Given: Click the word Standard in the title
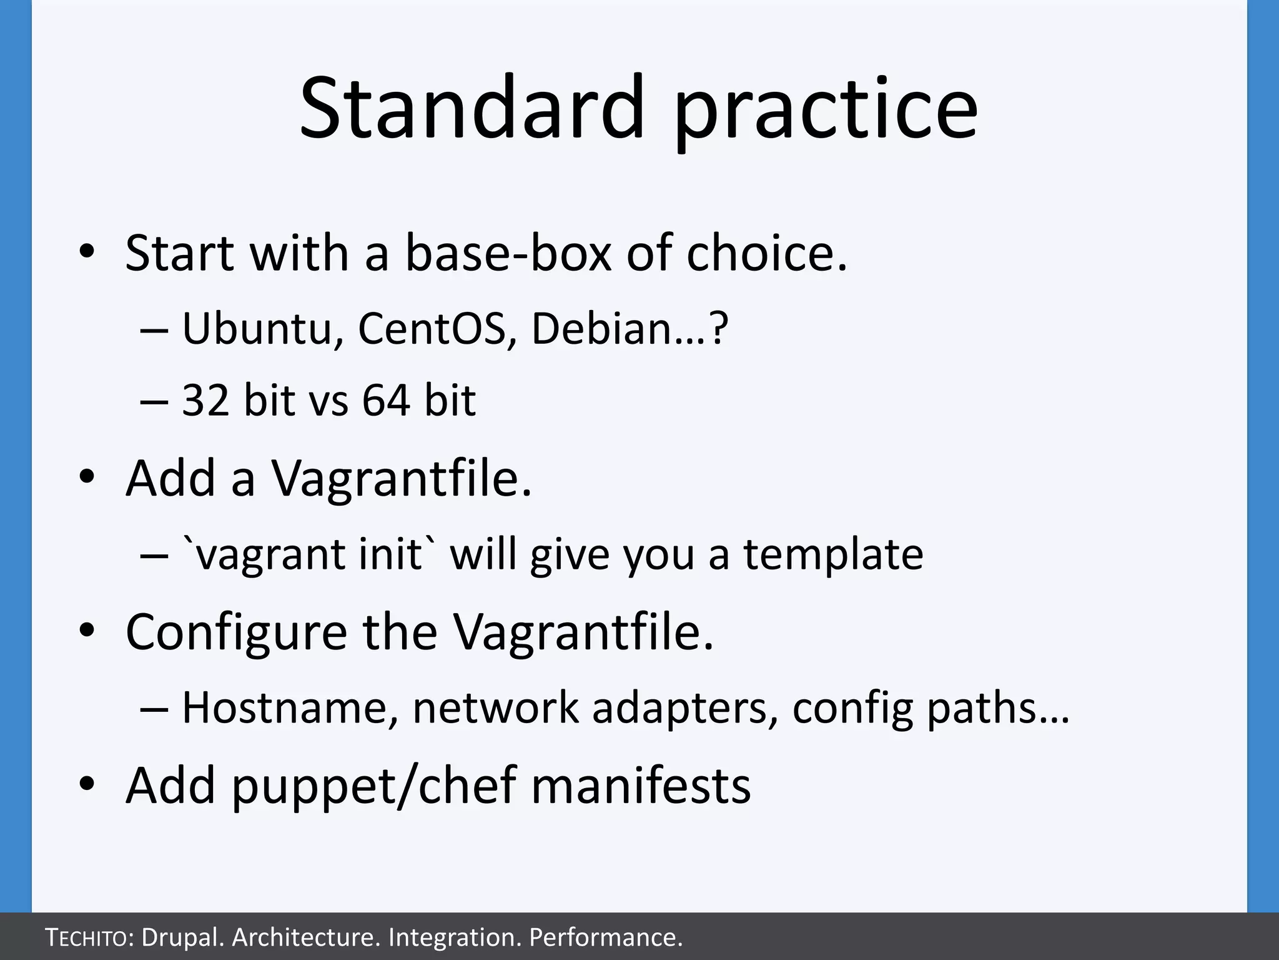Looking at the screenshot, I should click(472, 107).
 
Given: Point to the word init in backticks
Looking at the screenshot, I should click(390, 554).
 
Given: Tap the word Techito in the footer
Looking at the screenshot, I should click(87, 937).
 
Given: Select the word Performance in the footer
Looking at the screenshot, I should click(605, 937).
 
